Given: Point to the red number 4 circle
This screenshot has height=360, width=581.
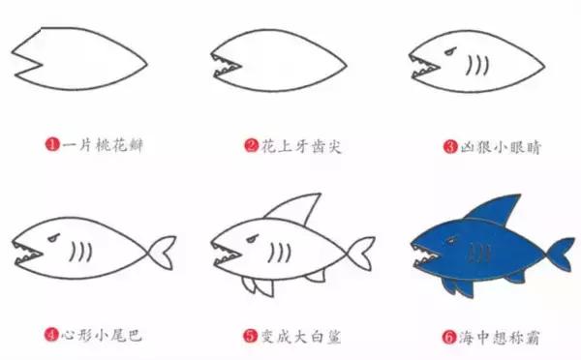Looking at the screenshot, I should click(x=50, y=337).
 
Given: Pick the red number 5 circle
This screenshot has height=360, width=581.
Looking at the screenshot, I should click(x=249, y=337).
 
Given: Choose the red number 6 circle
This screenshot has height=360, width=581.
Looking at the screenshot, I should click(x=448, y=337).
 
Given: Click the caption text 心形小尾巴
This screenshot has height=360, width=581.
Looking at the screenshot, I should click(x=102, y=337).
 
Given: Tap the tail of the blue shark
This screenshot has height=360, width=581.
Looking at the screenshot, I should click(x=560, y=251).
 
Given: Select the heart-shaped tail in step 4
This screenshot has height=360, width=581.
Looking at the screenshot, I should click(x=163, y=252).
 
